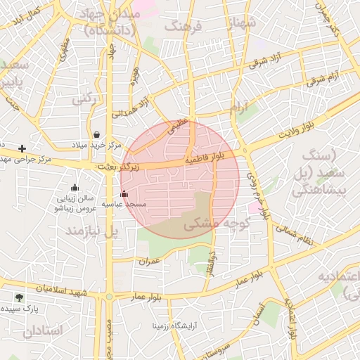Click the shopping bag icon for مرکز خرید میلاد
click(x=96, y=134)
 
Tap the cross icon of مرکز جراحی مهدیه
click(x=22, y=148)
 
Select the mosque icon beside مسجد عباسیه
click(x=124, y=193)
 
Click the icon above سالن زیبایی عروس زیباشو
click(x=75, y=187)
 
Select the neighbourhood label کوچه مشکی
click(x=217, y=224)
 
